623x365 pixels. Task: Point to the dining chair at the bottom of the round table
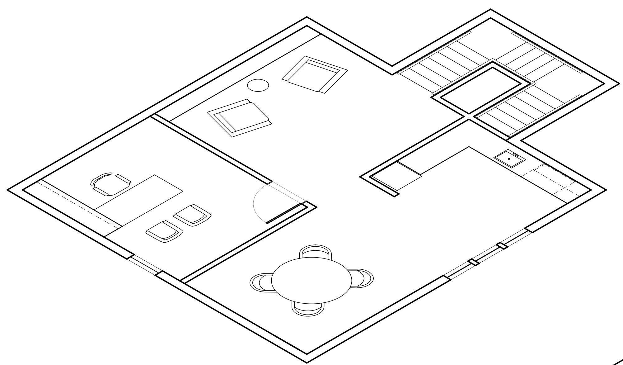pyautogui.click(x=308, y=309)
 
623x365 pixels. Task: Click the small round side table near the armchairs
pyautogui.click(x=258, y=85)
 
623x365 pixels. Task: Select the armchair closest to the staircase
pyautogui.click(x=315, y=74)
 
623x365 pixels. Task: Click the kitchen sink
pyautogui.click(x=510, y=158)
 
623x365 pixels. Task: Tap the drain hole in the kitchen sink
pyautogui.click(x=509, y=159)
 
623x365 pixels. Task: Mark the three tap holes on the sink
pyautogui.click(x=516, y=155)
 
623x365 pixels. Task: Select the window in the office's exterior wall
pyautogui.click(x=145, y=265)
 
